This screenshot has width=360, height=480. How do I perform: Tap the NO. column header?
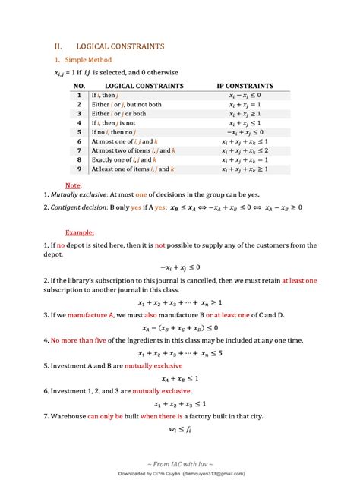[79, 86]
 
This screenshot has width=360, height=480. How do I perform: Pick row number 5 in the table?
[79, 131]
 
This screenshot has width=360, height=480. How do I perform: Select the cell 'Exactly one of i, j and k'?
[125, 159]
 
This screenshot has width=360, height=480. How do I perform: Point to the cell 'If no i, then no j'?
[118, 131]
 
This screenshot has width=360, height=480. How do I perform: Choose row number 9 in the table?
[79, 169]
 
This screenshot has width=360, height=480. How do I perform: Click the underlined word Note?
[73, 185]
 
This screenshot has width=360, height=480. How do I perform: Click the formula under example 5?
[179, 377]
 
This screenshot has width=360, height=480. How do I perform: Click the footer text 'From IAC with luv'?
[179, 463]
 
